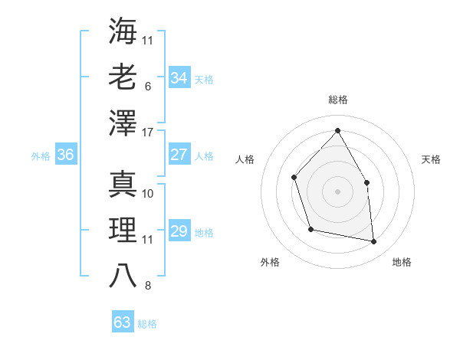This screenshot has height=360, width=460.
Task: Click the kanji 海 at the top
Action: click(x=123, y=31)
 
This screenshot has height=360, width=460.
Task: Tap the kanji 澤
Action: click(x=123, y=123)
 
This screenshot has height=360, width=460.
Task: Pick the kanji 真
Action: click(x=123, y=183)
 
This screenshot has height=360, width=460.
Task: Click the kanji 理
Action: click(x=123, y=229)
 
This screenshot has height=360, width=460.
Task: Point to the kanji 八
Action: click(x=123, y=275)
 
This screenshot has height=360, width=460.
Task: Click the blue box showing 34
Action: click(x=179, y=77)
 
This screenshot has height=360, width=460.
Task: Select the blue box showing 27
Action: click(x=179, y=155)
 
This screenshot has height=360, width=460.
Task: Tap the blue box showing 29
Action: click(x=179, y=231)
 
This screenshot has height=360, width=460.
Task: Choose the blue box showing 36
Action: click(x=65, y=155)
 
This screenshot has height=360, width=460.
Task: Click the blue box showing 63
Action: click(x=122, y=322)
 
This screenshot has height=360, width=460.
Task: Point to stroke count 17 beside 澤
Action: click(x=149, y=133)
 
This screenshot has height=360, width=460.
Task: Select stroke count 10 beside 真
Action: click(x=149, y=193)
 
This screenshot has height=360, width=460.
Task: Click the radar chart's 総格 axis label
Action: click(x=337, y=100)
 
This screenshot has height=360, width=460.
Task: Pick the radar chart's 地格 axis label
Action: click(x=402, y=262)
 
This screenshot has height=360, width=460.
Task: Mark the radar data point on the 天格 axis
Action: click(x=366, y=182)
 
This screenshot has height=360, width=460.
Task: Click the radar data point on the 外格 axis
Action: click(x=310, y=229)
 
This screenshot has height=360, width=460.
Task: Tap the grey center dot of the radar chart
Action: click(x=337, y=191)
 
